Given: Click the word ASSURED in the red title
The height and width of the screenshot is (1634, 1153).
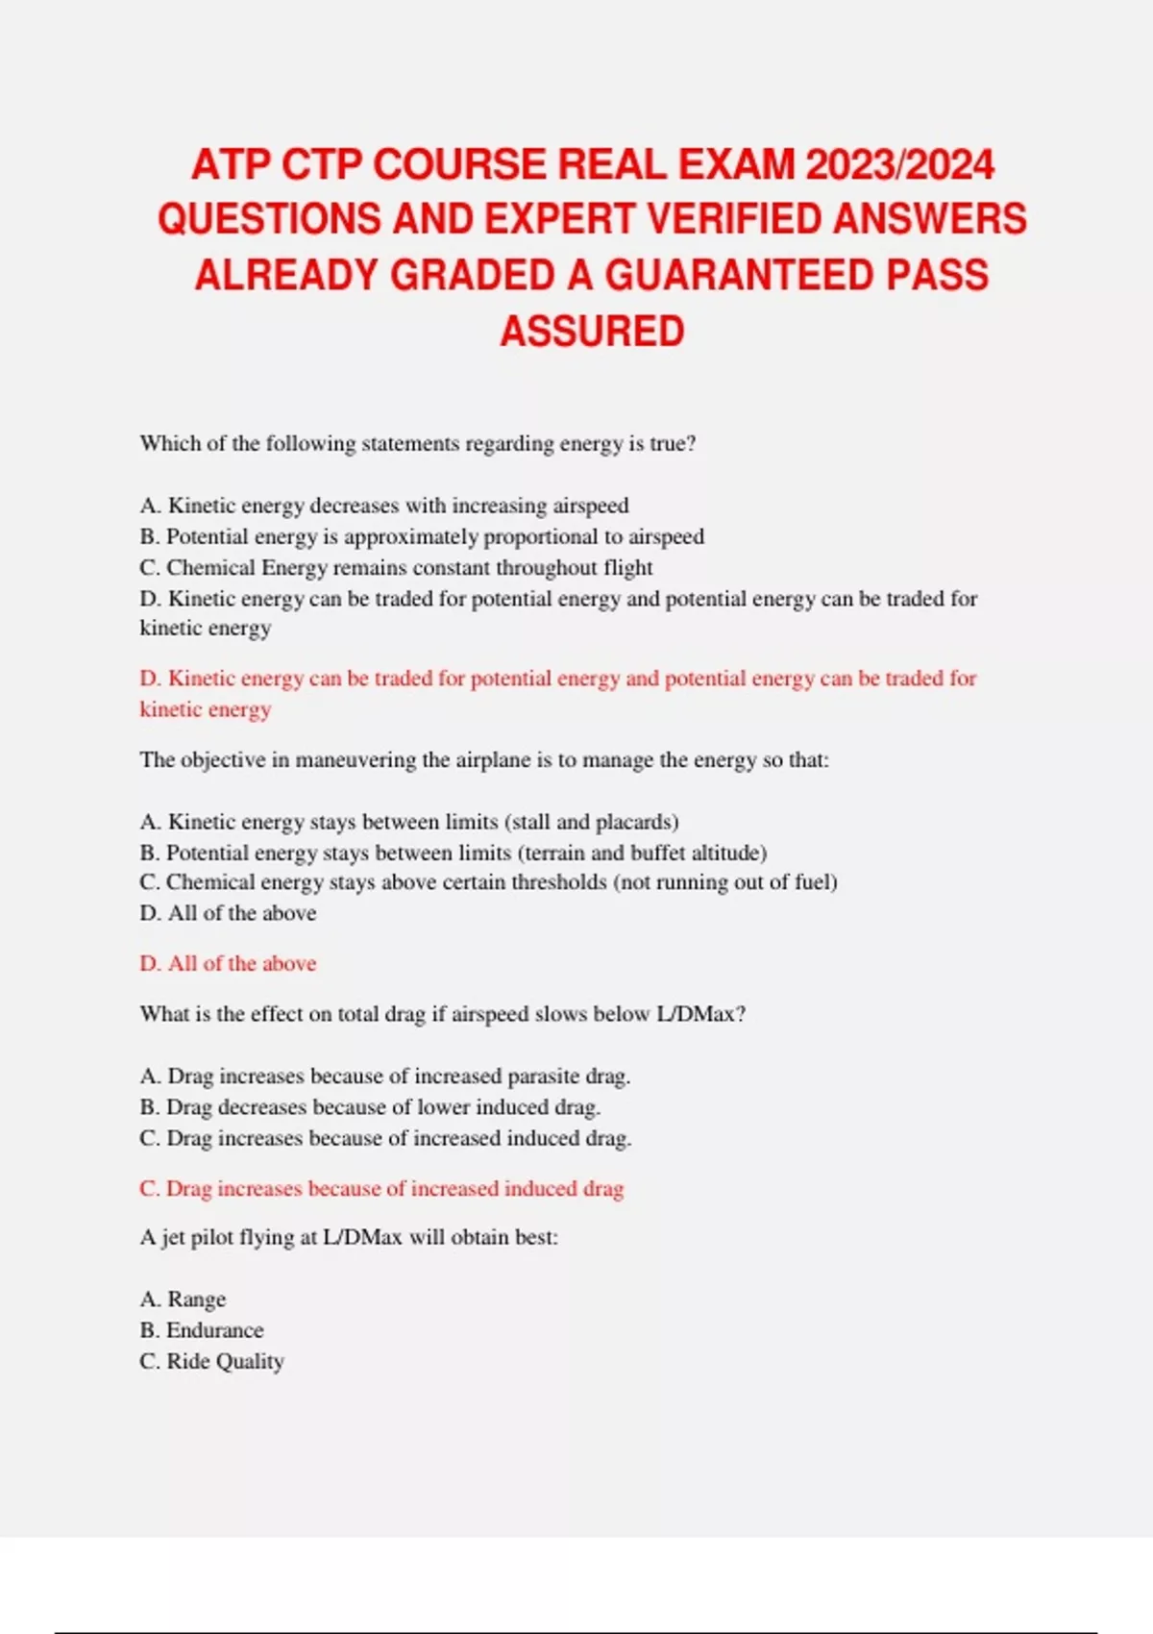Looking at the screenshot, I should pos(592,332).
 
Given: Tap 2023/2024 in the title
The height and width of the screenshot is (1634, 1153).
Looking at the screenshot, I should pos(899,164).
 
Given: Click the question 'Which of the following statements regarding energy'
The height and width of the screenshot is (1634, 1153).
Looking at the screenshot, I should pos(417,444).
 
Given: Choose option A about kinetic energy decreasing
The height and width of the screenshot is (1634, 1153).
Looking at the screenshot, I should pos(384,506).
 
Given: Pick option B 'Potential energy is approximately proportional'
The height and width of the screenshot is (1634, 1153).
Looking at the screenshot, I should pos(422,536).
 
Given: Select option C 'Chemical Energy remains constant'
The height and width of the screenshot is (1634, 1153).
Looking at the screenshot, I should pos(396,568).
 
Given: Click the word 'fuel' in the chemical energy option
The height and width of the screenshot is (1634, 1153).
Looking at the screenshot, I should pos(812,882).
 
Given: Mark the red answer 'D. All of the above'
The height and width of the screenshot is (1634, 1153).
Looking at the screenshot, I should pos(228,963).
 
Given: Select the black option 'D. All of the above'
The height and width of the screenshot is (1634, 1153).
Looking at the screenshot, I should pos(228,913).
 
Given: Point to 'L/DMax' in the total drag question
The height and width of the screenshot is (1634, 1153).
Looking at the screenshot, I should pos(696,1014).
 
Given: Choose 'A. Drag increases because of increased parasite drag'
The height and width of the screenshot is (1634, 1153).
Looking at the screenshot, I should pos(384,1077).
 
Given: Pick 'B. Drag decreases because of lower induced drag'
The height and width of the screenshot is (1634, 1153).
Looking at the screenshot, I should pos(370,1107).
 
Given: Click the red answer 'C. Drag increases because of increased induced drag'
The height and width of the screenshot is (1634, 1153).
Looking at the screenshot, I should pos(381,1189).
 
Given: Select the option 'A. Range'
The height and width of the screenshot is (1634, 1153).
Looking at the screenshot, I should pos(183,1300).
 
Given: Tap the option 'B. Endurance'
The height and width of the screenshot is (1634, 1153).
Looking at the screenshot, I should pos(202,1330).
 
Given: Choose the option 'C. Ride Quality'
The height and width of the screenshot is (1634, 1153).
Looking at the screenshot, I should pos(211,1362).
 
